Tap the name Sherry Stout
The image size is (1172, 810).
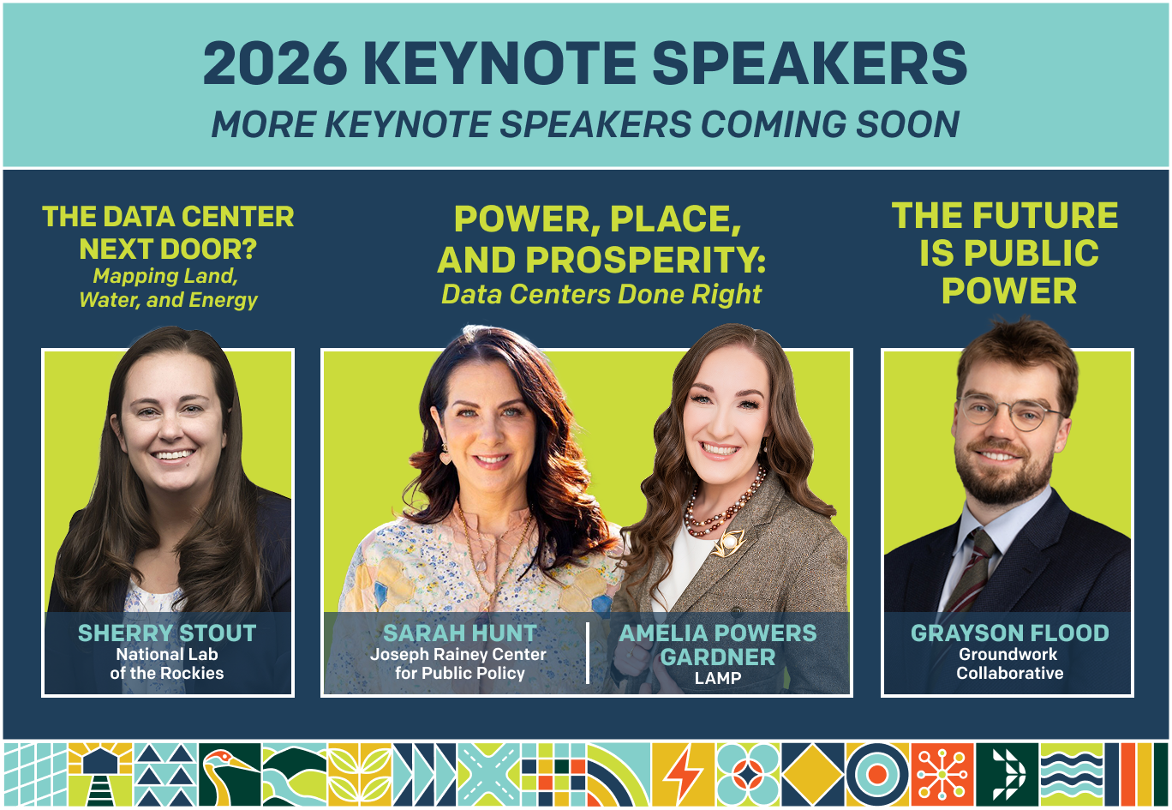tap(167, 633)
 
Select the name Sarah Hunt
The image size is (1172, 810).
tap(459, 633)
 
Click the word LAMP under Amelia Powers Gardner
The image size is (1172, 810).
tap(718, 678)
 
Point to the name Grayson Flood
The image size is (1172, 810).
tap(1010, 633)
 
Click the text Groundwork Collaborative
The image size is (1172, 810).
tap(1010, 663)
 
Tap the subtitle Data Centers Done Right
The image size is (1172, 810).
tap(601, 294)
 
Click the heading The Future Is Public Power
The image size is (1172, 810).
tap(1006, 253)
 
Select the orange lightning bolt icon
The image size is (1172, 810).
tap(684, 775)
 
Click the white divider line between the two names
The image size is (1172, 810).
tap(588, 653)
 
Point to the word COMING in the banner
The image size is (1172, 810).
tap(774, 124)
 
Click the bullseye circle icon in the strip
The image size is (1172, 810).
tap(877, 775)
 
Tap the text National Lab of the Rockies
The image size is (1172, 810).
tap(167, 663)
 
